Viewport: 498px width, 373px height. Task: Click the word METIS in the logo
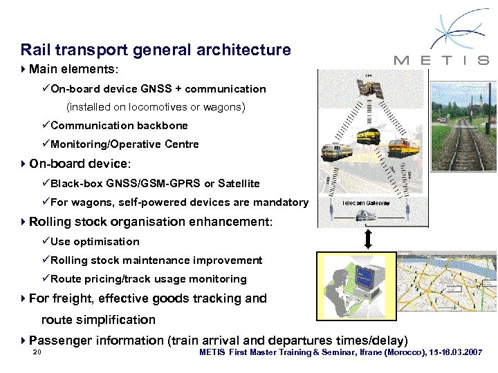coord(441,60)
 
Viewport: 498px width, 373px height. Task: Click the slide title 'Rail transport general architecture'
coord(156,50)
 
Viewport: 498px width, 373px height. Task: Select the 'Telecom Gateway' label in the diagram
coord(367,203)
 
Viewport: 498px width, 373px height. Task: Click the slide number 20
coord(37,353)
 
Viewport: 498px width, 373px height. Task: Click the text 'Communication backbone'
coord(119,126)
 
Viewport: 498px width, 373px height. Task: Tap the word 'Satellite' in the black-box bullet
coord(239,184)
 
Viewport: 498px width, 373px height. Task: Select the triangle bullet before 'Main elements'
coord(24,70)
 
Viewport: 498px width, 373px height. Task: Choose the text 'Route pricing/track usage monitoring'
coord(149,279)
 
